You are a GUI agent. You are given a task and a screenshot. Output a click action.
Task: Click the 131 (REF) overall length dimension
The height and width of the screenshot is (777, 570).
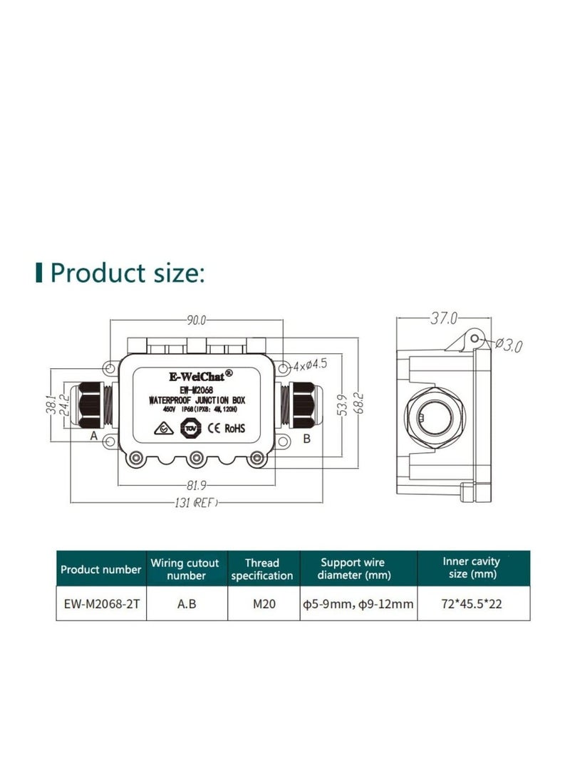pos(194,504)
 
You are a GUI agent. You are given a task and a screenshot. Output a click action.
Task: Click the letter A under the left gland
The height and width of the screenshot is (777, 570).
pos(93,438)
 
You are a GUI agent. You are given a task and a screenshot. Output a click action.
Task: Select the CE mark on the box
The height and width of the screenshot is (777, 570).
pos(212,428)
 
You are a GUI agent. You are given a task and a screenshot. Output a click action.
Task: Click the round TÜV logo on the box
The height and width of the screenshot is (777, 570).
pos(190,428)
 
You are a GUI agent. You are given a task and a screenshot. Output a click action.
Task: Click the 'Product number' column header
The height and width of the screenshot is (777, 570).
pos(100,569)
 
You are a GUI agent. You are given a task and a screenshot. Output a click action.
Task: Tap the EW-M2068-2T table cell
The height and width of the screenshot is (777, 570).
pos(100,604)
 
